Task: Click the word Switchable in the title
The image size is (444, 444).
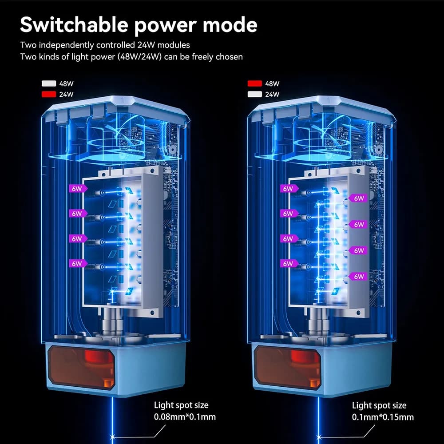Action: point(74,24)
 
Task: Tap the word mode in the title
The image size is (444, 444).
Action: point(230,24)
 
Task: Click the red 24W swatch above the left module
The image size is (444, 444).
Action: point(49,94)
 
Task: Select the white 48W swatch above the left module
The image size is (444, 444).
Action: point(49,83)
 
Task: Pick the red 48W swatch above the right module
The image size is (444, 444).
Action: point(254,83)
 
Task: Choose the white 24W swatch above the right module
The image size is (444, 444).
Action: point(254,94)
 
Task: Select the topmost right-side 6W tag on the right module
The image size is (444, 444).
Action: point(357,198)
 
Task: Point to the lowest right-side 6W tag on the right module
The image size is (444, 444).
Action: point(357,276)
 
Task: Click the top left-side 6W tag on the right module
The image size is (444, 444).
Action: point(289,189)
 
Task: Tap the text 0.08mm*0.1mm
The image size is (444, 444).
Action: point(185,417)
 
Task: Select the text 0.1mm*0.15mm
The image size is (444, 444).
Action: point(383,417)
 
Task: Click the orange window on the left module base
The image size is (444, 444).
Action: point(82,367)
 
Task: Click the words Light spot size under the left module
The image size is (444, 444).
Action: point(181,405)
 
